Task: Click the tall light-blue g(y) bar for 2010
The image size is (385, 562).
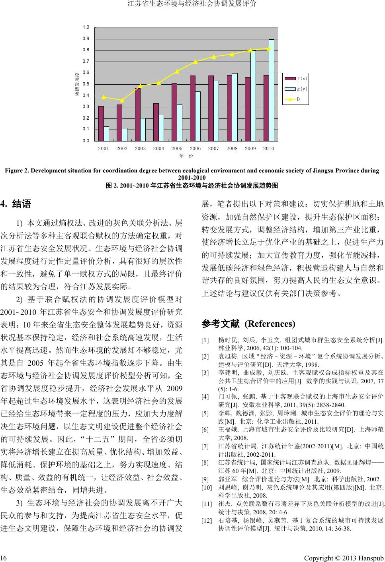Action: click(x=272, y=90)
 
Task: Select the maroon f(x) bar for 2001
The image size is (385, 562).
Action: click(x=101, y=123)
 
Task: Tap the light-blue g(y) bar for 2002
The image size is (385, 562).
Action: click(x=125, y=134)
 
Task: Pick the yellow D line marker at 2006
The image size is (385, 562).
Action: click(x=195, y=62)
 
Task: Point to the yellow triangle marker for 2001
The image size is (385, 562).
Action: click(x=104, y=97)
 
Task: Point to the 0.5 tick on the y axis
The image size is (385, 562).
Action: click(x=86, y=84)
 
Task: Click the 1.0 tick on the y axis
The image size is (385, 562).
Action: click(x=86, y=27)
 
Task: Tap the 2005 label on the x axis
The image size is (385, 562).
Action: click(x=177, y=148)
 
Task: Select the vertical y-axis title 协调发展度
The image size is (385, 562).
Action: click(x=77, y=84)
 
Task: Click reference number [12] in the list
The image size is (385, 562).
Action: click(x=207, y=520)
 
